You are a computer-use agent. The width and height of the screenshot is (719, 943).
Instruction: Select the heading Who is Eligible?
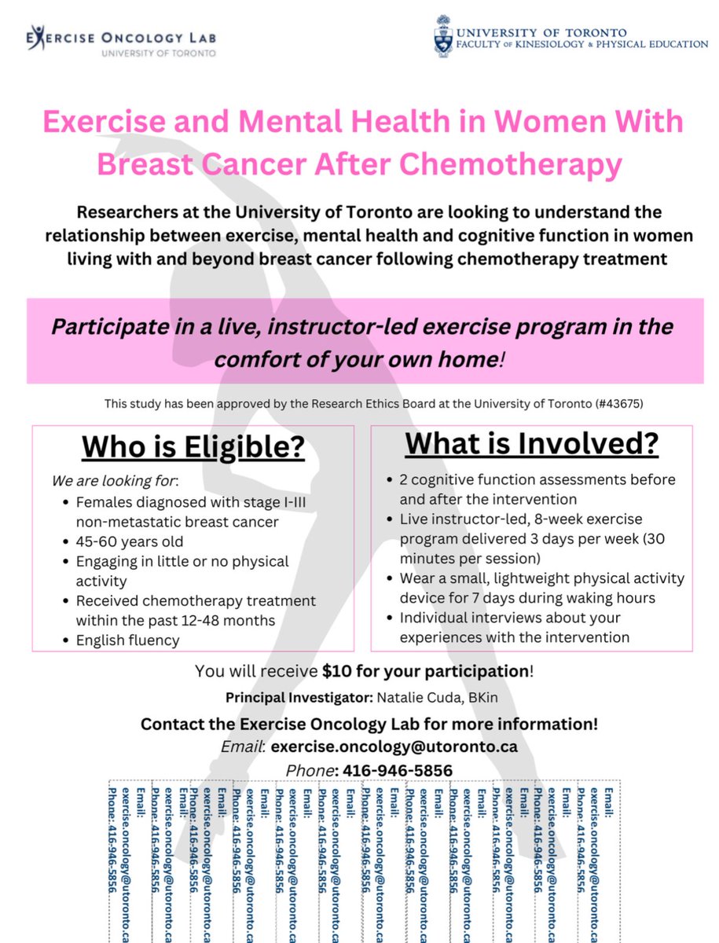(x=193, y=447)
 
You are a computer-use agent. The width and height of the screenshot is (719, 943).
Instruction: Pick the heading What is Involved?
(x=532, y=443)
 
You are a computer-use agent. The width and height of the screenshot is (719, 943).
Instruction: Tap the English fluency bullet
(x=127, y=640)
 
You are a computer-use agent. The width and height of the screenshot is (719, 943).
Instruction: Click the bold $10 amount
(x=338, y=672)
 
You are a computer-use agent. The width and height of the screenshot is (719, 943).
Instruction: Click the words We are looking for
(x=114, y=479)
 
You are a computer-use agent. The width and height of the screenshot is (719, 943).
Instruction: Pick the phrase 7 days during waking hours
(x=509, y=598)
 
